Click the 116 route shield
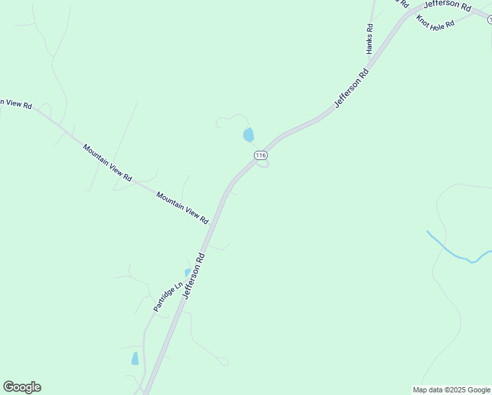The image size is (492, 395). (260, 155)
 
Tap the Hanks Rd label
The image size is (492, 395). (370, 39)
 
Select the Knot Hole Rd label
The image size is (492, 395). (435, 22)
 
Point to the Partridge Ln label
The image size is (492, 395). (167, 297)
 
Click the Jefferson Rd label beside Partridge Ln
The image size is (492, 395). (195, 276)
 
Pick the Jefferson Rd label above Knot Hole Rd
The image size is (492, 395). (447, 5)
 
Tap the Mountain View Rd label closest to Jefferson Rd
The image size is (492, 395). (182, 206)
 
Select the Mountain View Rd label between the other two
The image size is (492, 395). (108, 163)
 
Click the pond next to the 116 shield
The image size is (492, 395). (249, 135)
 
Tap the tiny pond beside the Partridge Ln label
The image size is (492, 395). (187, 272)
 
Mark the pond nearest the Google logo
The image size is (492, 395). (135, 359)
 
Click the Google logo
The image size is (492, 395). (22, 387)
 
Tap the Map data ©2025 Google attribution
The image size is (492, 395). (452, 390)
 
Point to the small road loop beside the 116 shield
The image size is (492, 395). (262, 165)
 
